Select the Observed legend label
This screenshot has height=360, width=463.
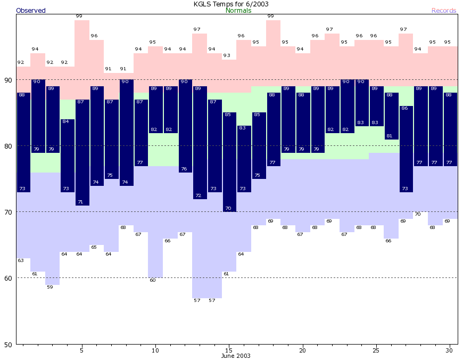pyautogui.click(x=31, y=11)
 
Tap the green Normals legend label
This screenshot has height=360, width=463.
pyautogui.click(x=238, y=11)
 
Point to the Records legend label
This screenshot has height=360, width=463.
pyautogui.click(x=444, y=11)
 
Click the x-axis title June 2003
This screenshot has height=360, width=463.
pyautogui.click(x=236, y=356)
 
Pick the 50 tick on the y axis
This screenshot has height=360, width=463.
pyautogui.click(x=9, y=344)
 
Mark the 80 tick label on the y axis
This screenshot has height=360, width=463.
pyautogui.click(x=9, y=146)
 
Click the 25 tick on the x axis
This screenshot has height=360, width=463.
pyautogui.click(x=376, y=350)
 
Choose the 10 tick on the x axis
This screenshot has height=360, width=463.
pyautogui.click(x=155, y=350)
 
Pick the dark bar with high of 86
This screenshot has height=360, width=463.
pyautogui.click(x=406, y=149)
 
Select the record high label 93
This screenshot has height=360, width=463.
pyautogui.click(x=227, y=55)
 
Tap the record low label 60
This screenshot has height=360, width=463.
pyautogui.click(x=153, y=281)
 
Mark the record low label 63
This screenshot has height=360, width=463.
pyautogui.click(x=21, y=261)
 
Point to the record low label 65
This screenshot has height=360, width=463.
pyautogui.click(x=94, y=248)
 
